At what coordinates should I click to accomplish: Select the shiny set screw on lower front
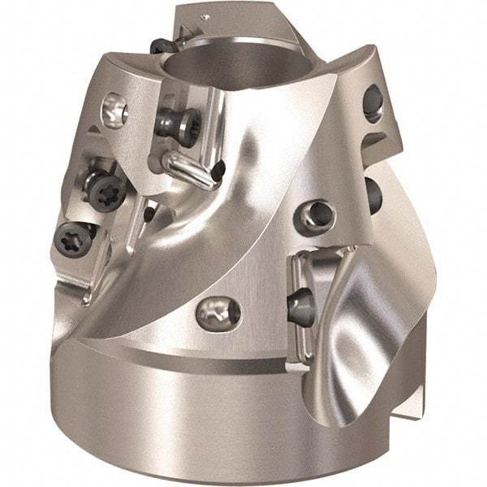pos(219,310)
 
